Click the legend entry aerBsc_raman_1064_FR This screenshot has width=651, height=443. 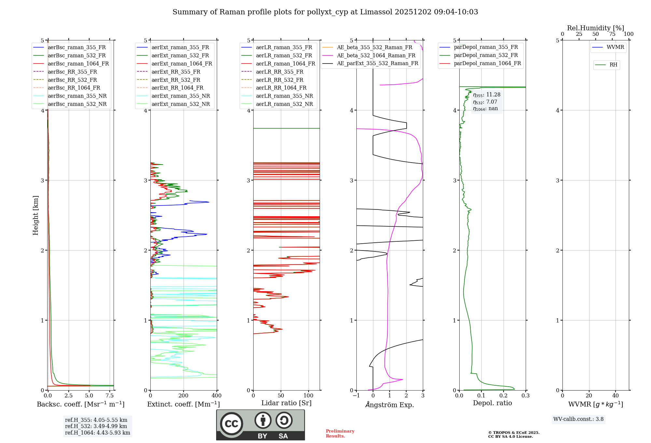[78, 64]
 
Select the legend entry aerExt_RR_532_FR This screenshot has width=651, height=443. [176, 80]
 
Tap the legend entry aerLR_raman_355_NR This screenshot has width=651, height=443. [284, 96]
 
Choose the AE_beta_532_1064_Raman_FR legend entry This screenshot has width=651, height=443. [376, 55]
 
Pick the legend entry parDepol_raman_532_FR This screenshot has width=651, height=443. [486, 55]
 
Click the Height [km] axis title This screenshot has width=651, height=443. [35, 215]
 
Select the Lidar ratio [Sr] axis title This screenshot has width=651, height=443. [286, 403]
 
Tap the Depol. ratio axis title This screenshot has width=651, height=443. [492, 403]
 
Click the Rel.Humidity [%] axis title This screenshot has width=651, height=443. [595, 28]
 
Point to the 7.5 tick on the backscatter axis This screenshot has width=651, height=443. [110, 395]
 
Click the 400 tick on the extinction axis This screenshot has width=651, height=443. [217, 395]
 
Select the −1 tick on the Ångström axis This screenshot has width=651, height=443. [356, 395]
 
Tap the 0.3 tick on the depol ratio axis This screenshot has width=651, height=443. [525, 395]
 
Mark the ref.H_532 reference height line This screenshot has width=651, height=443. [96, 426]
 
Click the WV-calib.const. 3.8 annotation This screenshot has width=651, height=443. [578, 419]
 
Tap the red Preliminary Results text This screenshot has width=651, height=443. [340, 434]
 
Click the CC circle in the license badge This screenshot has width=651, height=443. [231, 424]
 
